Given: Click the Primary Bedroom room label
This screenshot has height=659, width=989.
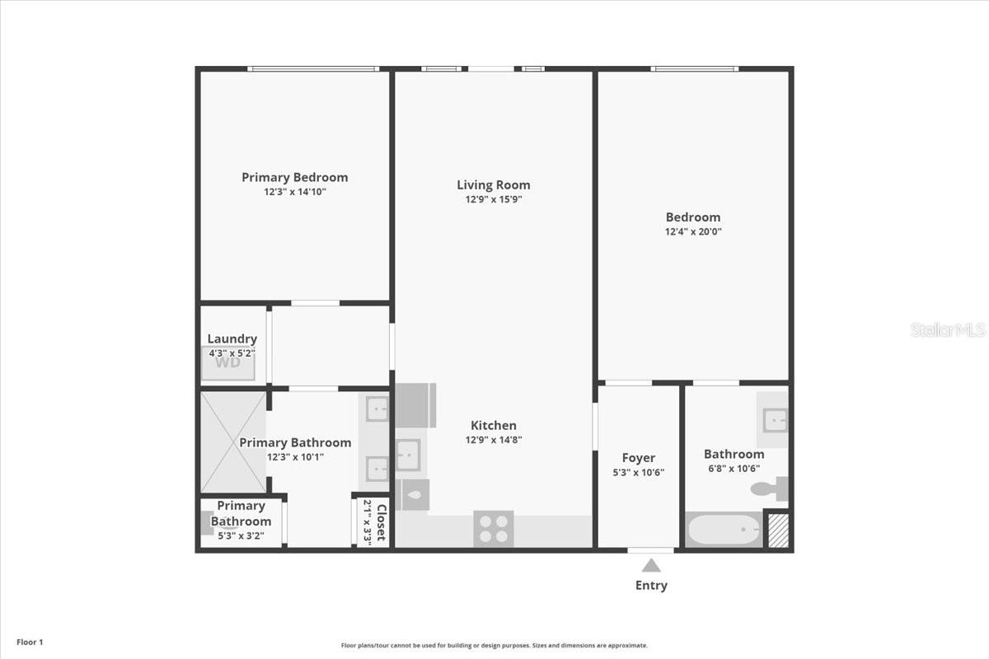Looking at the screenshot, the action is [294, 177].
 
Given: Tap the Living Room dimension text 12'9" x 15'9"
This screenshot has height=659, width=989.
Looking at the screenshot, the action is [494, 199].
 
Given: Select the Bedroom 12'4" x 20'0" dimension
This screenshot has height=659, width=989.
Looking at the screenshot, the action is [693, 231].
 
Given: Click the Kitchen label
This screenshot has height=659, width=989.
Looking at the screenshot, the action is [494, 425].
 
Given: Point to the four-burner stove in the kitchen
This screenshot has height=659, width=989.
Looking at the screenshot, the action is [494, 529].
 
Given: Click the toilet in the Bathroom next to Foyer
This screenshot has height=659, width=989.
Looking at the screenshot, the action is [769, 488].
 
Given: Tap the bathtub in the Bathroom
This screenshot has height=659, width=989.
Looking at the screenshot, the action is [724, 530].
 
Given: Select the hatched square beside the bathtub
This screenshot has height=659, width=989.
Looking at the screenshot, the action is [778, 530].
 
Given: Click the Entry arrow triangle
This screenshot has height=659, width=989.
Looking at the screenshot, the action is [651, 565].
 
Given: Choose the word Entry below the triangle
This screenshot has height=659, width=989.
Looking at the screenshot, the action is [651, 586].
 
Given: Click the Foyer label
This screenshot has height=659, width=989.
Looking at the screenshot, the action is [639, 458].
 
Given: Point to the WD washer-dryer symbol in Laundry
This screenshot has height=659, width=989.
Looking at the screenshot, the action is [227, 362].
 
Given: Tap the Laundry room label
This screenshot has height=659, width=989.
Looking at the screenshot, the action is [232, 339].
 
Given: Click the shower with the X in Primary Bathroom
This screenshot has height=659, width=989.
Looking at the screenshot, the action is [233, 442].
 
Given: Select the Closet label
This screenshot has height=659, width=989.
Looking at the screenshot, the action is [382, 522].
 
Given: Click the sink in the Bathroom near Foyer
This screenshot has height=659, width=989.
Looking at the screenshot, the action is [776, 420].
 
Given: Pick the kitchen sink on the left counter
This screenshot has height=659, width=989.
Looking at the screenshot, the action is [408, 455].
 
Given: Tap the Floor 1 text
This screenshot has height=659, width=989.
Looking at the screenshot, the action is [30, 643].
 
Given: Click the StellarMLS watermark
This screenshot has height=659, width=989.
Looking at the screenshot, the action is [948, 329].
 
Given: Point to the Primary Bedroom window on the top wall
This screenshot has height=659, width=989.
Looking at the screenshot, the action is [313, 69].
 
